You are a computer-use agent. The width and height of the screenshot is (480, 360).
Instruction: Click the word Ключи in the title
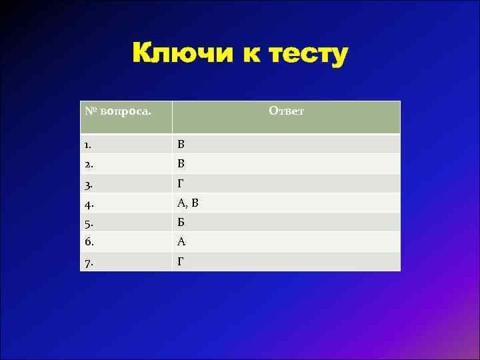point(181,53)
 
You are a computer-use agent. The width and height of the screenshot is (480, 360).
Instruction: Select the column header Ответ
point(287,111)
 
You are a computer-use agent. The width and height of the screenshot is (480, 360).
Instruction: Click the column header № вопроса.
point(118,110)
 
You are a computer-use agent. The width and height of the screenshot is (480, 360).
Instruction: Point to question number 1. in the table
point(89,144)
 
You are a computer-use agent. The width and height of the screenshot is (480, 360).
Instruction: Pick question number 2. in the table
point(89,163)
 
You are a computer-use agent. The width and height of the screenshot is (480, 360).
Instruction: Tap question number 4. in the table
point(89,203)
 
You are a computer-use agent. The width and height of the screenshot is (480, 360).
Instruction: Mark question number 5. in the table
point(89,222)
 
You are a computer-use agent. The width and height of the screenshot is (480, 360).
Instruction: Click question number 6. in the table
point(89,241)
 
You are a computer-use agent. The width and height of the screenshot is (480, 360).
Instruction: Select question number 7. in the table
point(89,261)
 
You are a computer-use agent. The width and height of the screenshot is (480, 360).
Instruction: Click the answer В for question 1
point(181,144)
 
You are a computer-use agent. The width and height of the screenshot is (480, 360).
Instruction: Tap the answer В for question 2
point(181,163)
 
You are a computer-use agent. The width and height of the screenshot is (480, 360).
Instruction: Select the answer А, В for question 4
point(187,203)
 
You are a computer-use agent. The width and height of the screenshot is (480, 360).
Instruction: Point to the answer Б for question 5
point(181,222)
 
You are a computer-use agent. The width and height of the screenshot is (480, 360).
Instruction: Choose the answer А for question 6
point(181,241)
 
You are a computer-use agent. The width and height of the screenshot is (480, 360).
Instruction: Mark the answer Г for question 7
point(181,261)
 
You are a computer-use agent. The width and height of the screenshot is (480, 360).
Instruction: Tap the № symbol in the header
point(91,110)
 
